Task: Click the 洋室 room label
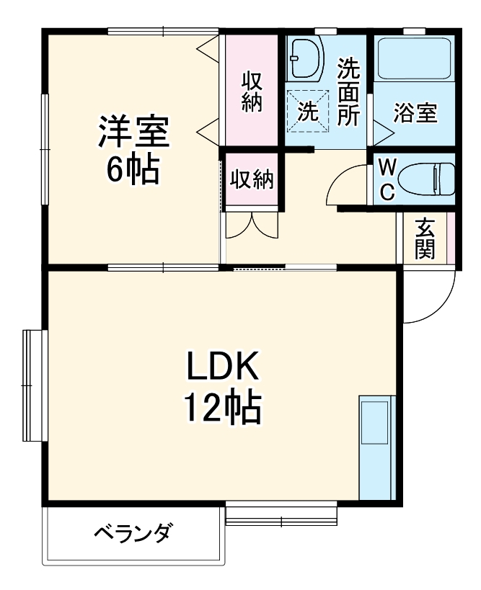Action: click(x=133, y=132)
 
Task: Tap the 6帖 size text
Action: click(x=133, y=169)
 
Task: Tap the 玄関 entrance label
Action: click(x=425, y=238)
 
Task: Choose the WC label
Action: click(x=387, y=179)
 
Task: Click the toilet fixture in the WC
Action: click(x=426, y=179)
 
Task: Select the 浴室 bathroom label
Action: click(x=415, y=113)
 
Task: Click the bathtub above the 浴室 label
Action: click(x=414, y=57)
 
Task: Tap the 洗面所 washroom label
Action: click(x=349, y=91)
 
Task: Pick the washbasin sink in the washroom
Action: click(x=306, y=59)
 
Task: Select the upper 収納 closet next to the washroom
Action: click(x=251, y=91)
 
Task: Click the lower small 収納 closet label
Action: click(x=252, y=179)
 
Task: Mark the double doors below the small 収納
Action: click(x=251, y=225)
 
